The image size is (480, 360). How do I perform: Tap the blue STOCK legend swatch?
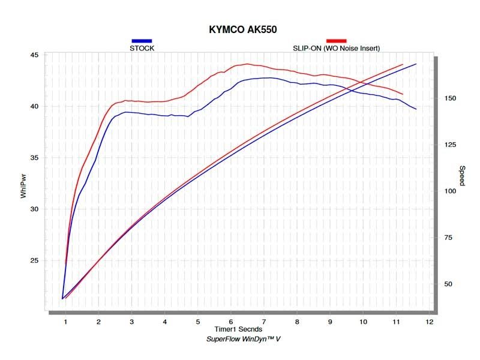(x=141, y=41)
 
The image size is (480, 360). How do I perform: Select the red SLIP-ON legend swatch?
(x=336, y=41)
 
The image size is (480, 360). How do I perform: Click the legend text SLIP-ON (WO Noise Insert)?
(x=336, y=48)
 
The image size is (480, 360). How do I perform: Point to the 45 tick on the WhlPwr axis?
(x=34, y=55)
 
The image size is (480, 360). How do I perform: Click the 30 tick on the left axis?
(x=34, y=209)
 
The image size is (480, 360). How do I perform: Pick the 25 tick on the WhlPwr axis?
(x=34, y=260)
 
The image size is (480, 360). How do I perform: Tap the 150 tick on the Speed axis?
(x=449, y=98)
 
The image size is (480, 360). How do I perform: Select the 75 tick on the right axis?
(x=448, y=238)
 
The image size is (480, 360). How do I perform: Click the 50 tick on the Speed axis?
(x=448, y=284)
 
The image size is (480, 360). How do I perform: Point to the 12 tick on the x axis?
(x=428, y=322)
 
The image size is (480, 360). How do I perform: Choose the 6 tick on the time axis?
(x=230, y=322)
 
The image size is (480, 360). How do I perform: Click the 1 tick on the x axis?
(x=65, y=322)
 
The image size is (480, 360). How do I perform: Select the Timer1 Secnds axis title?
(x=239, y=330)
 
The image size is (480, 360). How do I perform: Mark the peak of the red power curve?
(x=246, y=64)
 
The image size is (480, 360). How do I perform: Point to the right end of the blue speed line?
(x=416, y=64)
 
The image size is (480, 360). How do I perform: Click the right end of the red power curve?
(x=403, y=94)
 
